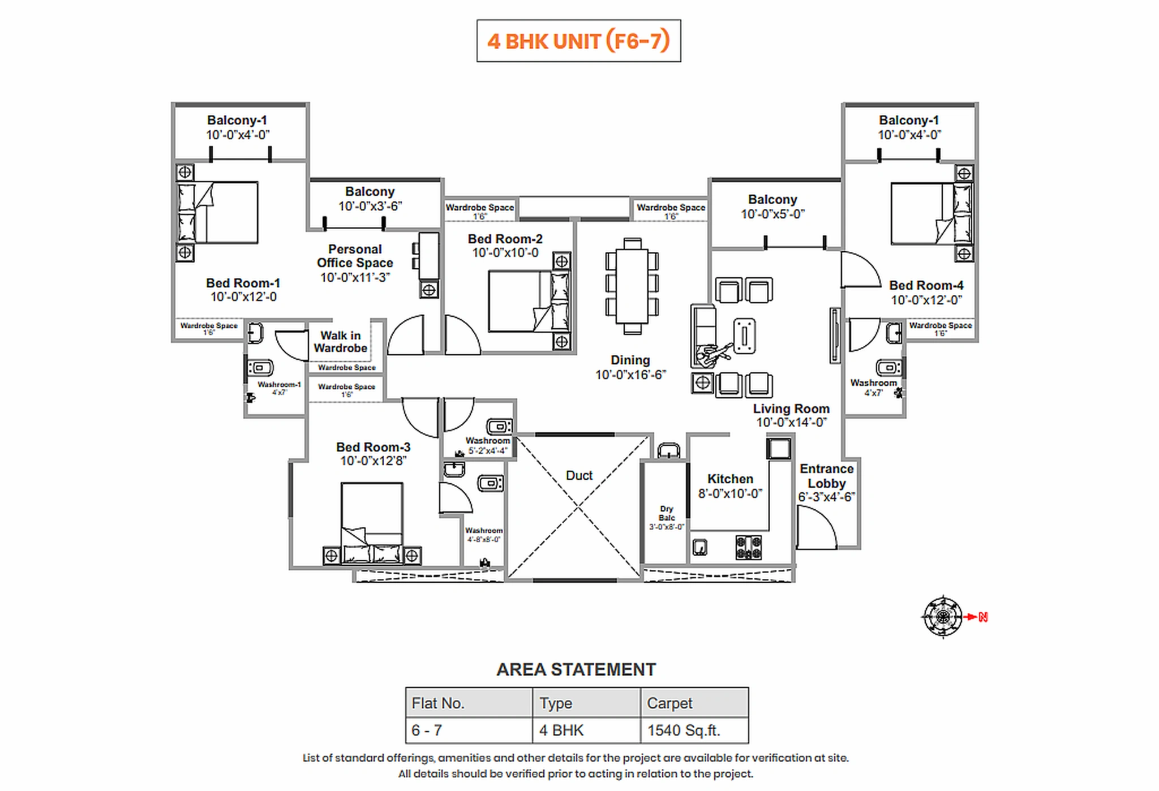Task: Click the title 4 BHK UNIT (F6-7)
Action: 578,41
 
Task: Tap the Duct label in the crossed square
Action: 579,475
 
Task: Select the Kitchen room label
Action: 730,479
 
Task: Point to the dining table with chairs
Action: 632,286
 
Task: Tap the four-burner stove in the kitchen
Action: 748,547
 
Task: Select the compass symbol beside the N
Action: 942,617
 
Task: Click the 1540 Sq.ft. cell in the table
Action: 684,730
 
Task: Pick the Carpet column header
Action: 669,703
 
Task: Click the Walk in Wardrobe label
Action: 340,342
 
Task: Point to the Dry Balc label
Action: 667,513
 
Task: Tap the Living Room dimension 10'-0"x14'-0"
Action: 791,423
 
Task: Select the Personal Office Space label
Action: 355,256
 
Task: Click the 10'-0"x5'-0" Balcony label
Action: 772,214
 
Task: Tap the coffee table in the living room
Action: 744,336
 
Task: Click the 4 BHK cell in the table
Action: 561,730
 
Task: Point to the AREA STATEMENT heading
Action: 576,669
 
